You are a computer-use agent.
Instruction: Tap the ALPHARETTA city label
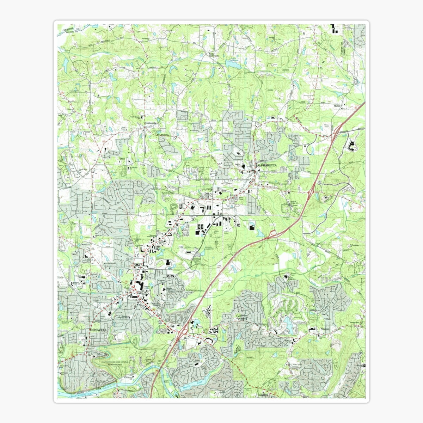coord(267,165)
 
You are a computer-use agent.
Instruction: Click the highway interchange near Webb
coord(337,130)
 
